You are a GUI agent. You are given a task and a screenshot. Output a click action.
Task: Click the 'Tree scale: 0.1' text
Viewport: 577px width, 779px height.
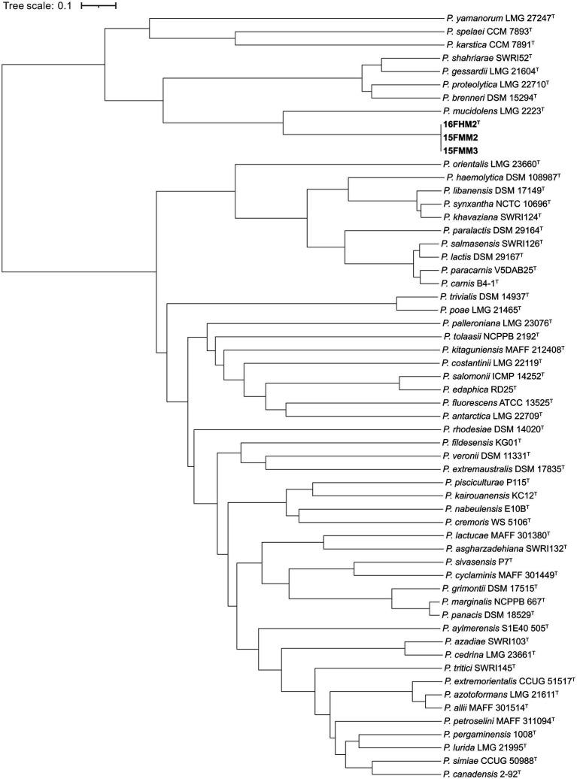click(x=36, y=6)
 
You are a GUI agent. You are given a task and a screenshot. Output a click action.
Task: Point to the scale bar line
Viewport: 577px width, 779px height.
click(x=99, y=6)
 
